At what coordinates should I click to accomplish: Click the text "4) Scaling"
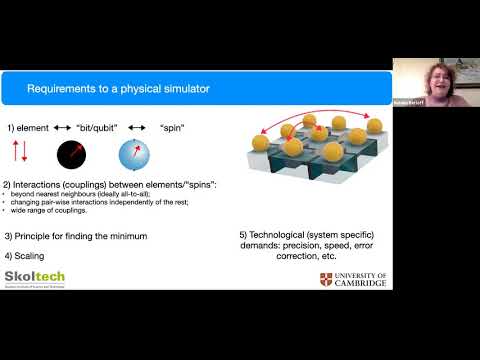[x=25, y=253]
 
